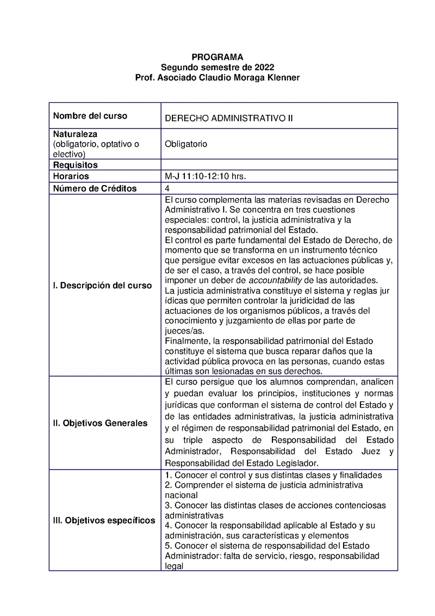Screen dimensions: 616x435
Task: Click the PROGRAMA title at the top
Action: click(217, 57)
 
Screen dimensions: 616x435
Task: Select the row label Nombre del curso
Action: click(90, 116)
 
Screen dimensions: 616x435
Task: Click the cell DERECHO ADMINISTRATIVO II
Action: click(228, 118)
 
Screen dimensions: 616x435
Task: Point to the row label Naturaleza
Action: click(75, 134)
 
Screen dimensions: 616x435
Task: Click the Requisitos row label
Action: click(75, 165)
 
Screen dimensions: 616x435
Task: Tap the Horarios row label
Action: click(71, 176)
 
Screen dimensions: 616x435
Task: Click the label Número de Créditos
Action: click(95, 188)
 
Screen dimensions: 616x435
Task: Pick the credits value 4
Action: click(167, 188)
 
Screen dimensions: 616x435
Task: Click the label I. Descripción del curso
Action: click(102, 286)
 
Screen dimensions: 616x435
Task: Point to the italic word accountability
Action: click(275, 280)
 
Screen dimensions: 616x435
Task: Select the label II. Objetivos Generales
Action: click(100, 423)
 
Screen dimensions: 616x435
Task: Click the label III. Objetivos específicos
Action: click(104, 520)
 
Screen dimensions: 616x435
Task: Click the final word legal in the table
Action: click(174, 566)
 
